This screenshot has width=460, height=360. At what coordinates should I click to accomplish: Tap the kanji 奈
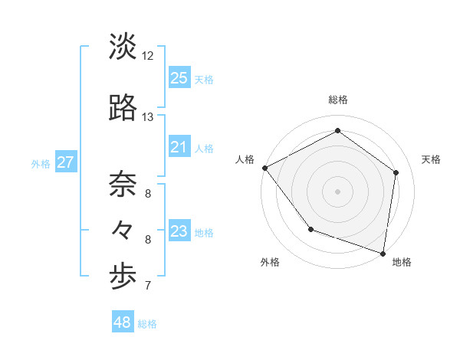(x=123, y=184)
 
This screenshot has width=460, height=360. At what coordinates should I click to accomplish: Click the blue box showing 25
(x=179, y=78)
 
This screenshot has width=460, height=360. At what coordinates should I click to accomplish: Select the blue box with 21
(x=179, y=147)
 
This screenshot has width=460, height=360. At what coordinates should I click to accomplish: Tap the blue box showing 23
(x=179, y=231)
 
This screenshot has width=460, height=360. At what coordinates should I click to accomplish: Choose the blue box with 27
(x=65, y=162)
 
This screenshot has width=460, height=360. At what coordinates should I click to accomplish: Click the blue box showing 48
(x=123, y=322)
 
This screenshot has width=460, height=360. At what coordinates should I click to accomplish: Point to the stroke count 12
(x=148, y=55)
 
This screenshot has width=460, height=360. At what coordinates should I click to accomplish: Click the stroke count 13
(x=148, y=116)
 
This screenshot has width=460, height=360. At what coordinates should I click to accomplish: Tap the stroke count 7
(x=148, y=286)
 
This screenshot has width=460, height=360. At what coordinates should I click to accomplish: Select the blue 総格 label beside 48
(x=147, y=324)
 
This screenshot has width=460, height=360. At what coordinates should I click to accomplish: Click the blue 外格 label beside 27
(x=41, y=163)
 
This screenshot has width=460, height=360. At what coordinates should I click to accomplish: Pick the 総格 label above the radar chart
(x=337, y=100)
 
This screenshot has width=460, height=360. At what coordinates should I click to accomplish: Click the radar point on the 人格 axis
(x=264, y=168)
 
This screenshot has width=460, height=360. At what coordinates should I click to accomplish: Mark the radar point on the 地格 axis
(x=383, y=253)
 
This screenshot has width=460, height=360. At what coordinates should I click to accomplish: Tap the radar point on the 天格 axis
(x=396, y=172)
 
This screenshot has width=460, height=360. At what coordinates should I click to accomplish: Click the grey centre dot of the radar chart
(x=337, y=191)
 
